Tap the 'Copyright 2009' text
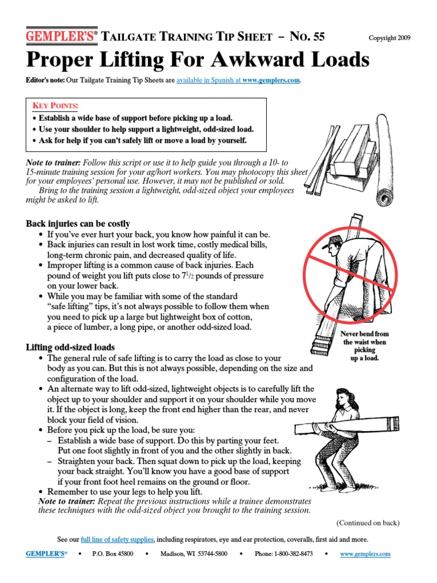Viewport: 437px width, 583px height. coord(389,38)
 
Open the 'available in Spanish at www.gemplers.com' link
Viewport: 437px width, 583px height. coord(238,80)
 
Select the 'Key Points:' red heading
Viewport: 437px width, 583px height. coord(55,106)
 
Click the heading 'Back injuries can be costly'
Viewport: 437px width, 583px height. coord(78,224)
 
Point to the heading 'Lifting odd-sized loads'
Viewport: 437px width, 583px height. coord(71,347)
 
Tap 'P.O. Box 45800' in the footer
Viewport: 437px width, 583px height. coord(112,554)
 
